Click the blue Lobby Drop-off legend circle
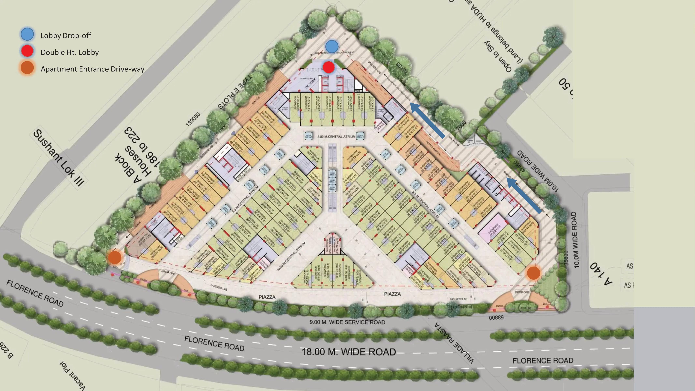coord(27,35)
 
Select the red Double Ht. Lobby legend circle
coord(27,51)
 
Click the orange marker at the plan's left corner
coord(115,258)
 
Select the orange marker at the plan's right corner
coord(533,273)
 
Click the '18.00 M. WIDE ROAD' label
coord(349,352)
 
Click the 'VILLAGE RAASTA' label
coord(454,343)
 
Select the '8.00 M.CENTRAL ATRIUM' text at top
coord(336,137)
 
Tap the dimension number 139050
coord(193,119)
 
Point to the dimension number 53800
coord(496,318)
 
